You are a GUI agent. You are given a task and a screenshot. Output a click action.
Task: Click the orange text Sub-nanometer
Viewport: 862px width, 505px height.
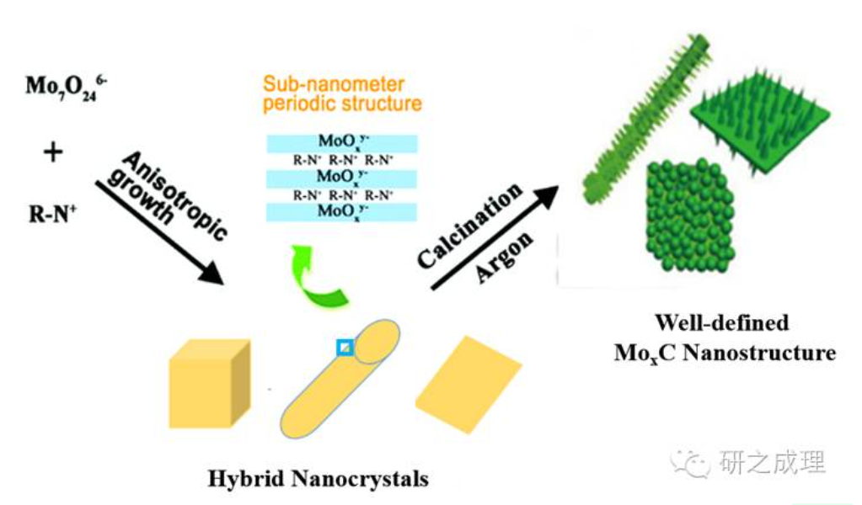click(333, 84)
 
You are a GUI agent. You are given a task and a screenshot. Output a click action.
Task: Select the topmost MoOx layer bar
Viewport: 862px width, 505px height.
click(341, 141)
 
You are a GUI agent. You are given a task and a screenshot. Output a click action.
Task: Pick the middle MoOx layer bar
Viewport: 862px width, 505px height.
click(341, 177)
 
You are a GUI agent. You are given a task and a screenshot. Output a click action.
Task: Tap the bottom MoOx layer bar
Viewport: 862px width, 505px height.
click(341, 210)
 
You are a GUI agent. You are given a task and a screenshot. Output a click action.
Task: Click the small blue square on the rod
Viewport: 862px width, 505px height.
click(345, 347)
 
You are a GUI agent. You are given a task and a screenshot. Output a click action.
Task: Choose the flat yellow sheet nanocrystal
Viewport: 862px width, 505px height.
click(468, 384)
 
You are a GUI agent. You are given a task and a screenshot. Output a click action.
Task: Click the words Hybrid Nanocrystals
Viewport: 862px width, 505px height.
click(318, 480)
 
